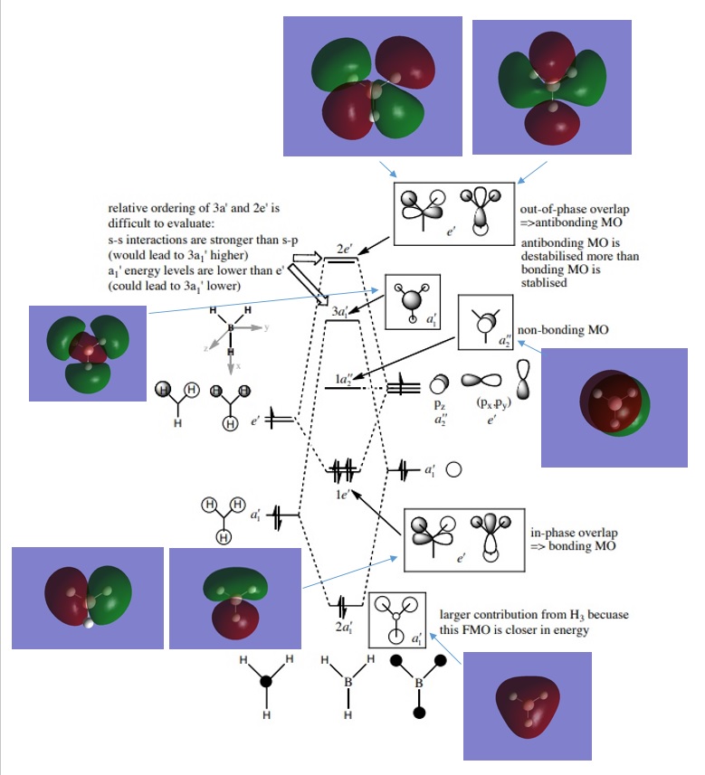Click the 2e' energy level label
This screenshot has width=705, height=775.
tap(342, 248)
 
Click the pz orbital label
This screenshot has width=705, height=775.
tap(440, 406)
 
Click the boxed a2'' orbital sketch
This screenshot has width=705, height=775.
tap(485, 323)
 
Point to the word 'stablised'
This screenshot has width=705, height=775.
tap(545, 281)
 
